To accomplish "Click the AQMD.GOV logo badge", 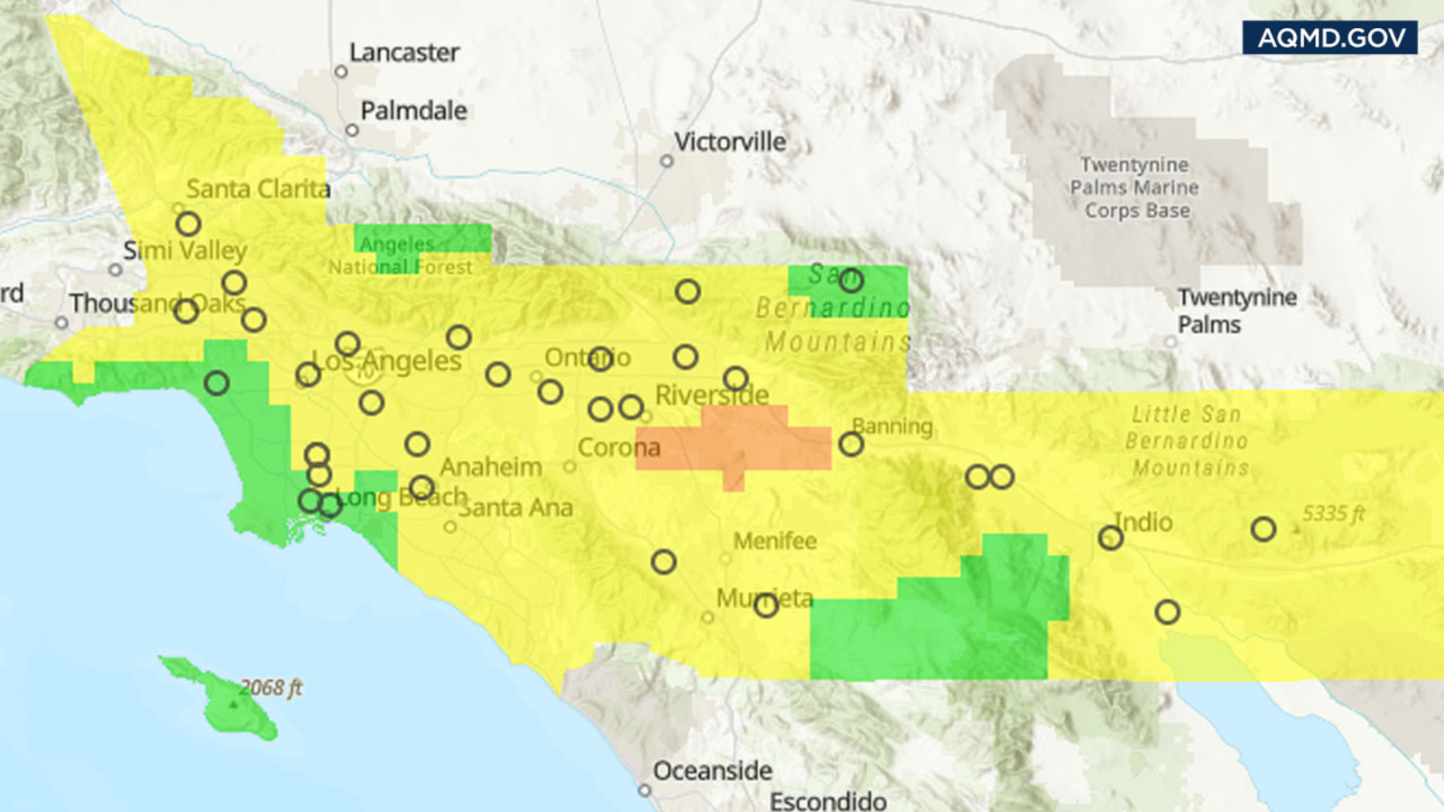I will [1329, 38].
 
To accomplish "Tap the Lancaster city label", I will [403, 52].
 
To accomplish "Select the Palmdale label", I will [413, 111].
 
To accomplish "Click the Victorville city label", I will [729, 142].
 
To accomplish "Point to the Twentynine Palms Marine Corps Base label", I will [1135, 188].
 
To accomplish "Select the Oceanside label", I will [712, 771].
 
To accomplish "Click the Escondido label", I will [828, 800].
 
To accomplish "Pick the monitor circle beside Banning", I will [851, 444].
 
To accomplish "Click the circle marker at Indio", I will [1110, 539].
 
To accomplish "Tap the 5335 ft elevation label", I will [1333, 514].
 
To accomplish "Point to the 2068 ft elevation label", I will [271, 687].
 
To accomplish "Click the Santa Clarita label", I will [258, 189].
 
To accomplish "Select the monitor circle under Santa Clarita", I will [188, 223].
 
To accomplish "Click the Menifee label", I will [774, 541].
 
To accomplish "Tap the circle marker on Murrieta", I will [766, 605].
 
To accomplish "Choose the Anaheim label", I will [491, 467].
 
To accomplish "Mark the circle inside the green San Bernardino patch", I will [851, 281].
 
